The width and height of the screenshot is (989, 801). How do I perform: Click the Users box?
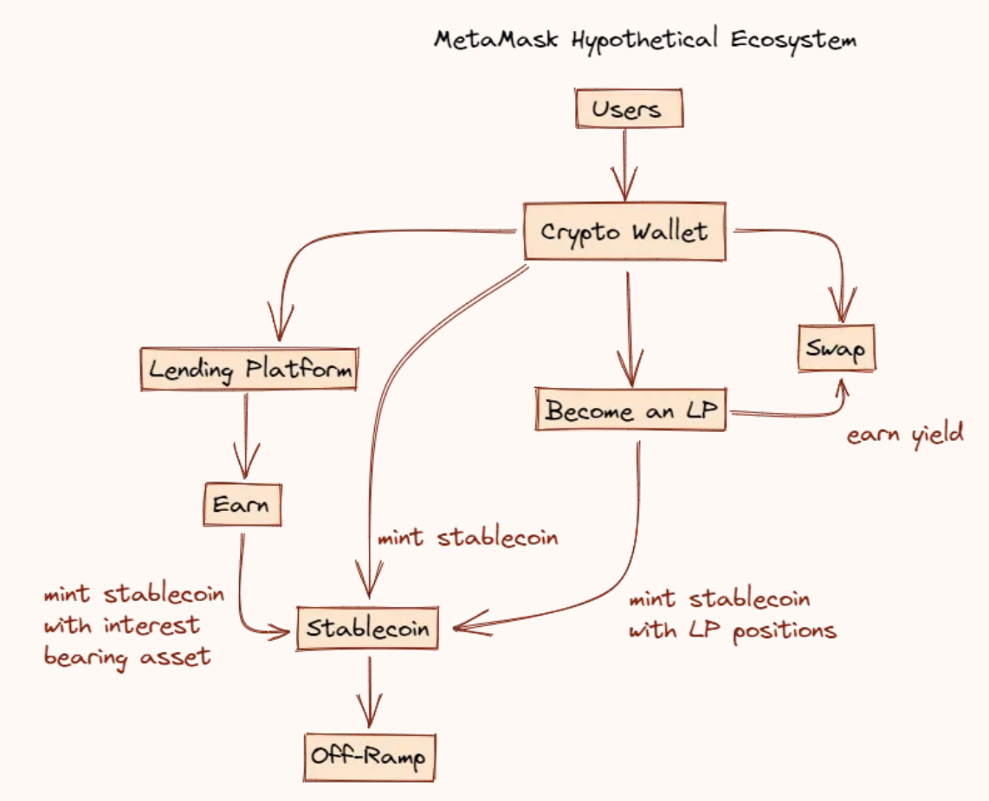[x=629, y=110]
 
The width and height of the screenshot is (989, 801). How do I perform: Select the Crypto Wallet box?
[x=624, y=232]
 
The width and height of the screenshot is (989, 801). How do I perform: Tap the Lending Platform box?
[x=249, y=369]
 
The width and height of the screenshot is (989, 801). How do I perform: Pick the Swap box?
[x=837, y=349]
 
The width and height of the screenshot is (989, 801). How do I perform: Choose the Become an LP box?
[x=630, y=411]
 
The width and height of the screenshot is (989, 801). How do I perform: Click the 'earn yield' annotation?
[x=905, y=434]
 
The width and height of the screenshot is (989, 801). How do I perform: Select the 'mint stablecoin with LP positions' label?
[x=733, y=615]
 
